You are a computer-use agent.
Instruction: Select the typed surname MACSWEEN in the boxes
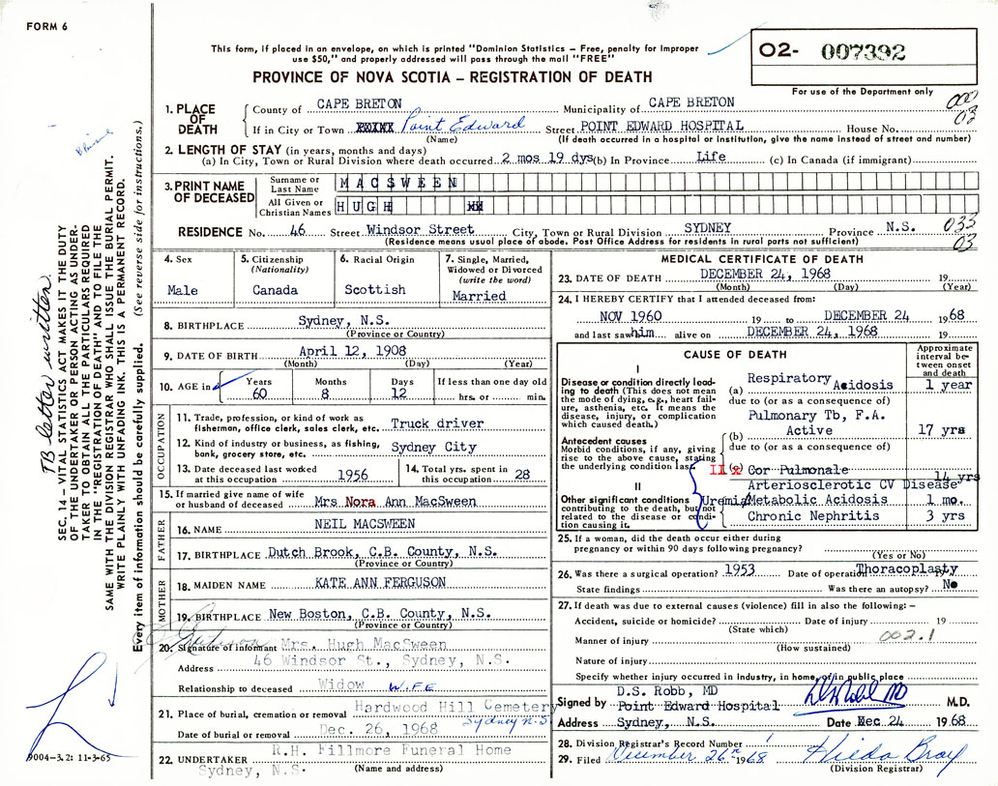point(398,182)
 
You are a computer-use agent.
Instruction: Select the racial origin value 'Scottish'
point(374,289)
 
